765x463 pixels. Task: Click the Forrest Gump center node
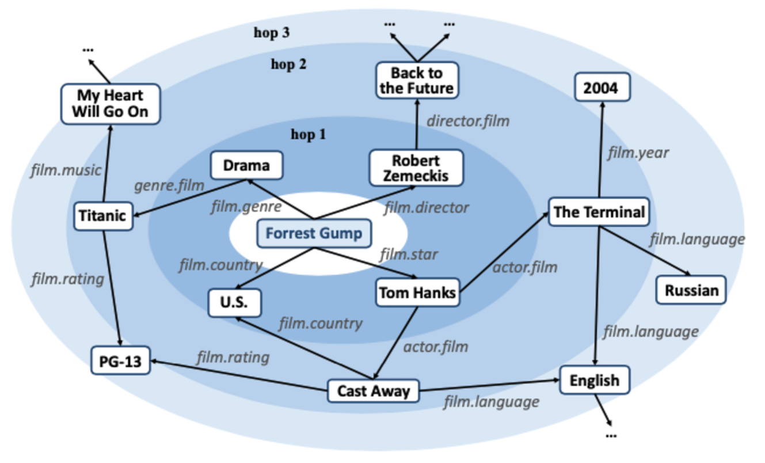tap(314, 233)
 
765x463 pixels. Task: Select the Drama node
tap(246, 166)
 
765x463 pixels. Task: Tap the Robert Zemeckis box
tap(416, 168)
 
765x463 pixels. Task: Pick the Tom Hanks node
tap(417, 293)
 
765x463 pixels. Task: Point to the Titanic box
tap(103, 216)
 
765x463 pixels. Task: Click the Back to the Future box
tap(417, 81)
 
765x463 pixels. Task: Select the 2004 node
tap(600, 88)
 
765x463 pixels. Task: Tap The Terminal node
tap(599, 212)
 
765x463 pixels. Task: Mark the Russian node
tap(691, 290)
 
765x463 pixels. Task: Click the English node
tap(594, 380)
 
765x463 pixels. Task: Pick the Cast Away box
tap(374, 391)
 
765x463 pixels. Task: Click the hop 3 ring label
tap(272, 32)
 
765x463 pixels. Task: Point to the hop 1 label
tap(308, 135)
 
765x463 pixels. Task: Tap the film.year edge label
tap(638, 153)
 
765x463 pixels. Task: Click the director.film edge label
tap(468, 122)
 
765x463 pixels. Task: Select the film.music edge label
tap(65, 170)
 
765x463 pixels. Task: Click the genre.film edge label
tap(169, 185)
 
